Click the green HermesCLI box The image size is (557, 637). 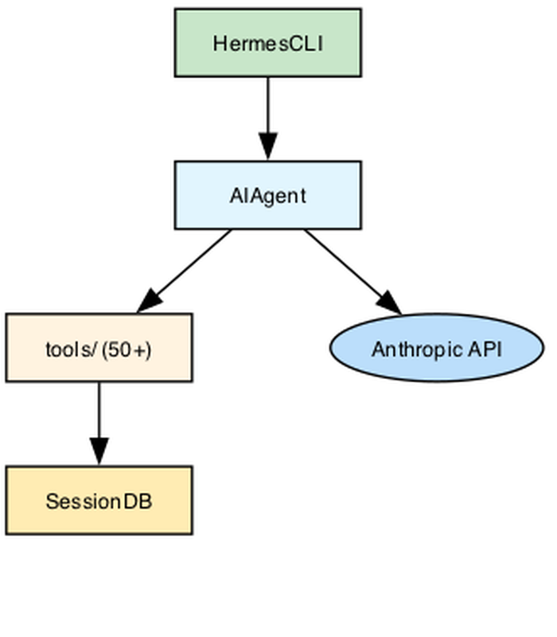tap(268, 43)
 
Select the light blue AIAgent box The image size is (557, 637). tap(268, 195)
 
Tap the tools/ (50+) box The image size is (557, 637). tap(99, 348)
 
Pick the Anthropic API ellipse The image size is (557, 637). tap(437, 348)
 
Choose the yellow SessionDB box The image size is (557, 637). tap(99, 501)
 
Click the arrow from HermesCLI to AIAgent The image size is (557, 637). tap(268, 119)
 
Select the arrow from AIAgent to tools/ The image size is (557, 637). tap(185, 272)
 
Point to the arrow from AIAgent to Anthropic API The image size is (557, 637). tap(353, 272)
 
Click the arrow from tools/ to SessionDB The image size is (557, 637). tap(99, 424)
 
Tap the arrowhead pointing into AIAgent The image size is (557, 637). tap(268, 147)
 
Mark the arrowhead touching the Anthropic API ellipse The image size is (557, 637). tap(390, 303)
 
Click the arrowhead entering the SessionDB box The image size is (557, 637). tap(99, 451)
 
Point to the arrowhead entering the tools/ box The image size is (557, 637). tap(150, 303)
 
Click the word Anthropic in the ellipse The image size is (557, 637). tap(417, 350)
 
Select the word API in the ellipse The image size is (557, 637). tap(485, 349)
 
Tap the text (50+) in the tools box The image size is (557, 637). tap(127, 350)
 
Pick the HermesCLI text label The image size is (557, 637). tap(268, 44)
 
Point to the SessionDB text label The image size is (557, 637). tap(99, 502)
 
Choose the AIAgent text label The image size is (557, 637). tap(268, 197)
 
